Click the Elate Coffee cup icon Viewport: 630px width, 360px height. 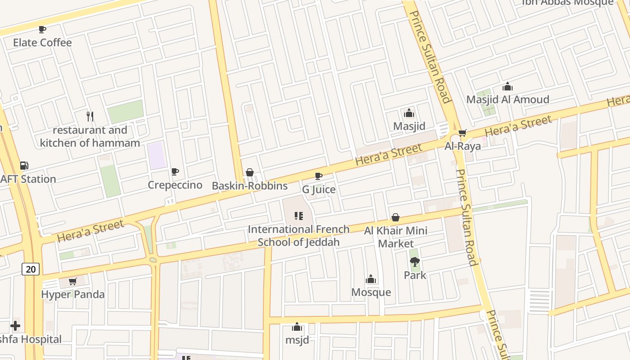(x=42, y=30)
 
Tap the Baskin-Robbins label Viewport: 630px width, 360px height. (x=249, y=185)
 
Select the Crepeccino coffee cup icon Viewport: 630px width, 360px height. (x=175, y=171)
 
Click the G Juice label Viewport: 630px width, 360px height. (x=319, y=189)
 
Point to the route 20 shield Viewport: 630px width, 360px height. (x=31, y=269)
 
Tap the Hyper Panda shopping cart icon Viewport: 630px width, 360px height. (x=73, y=282)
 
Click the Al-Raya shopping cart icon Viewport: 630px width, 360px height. (x=462, y=133)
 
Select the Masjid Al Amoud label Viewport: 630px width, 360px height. (x=508, y=99)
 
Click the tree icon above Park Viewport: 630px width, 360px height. (x=414, y=261)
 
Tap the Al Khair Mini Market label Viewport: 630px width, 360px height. (x=396, y=237)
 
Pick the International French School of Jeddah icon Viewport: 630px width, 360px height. (x=298, y=216)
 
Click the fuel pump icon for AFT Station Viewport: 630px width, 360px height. (x=24, y=166)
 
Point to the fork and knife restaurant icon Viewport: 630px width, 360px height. (x=90, y=117)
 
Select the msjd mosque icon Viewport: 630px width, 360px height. (x=297, y=327)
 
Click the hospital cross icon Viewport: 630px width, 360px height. (x=15, y=325)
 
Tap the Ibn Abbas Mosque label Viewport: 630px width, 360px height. (x=568, y=2)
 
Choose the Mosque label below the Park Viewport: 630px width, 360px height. (x=371, y=292)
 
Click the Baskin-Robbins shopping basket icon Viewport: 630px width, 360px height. (x=250, y=172)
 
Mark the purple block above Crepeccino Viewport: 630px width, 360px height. (x=157, y=155)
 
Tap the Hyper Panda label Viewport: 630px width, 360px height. (x=73, y=294)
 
